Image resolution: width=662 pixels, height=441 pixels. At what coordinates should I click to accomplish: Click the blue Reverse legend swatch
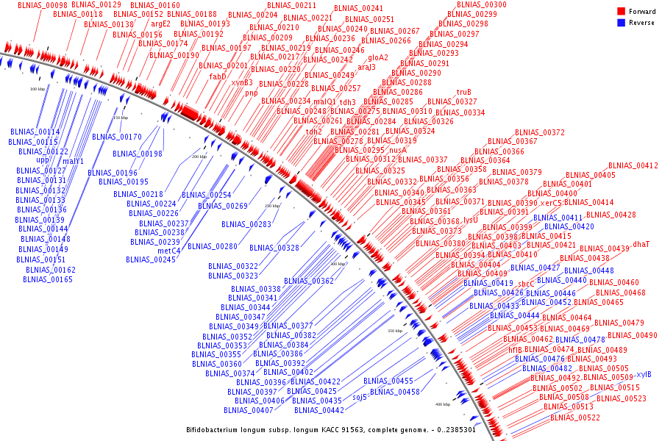pyautogui.click(x=621, y=23)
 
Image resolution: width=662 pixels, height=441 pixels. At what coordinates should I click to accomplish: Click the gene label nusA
pyautogui.click(x=398, y=150)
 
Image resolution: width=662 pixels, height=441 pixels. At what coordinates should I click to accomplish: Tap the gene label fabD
pyautogui.click(x=218, y=76)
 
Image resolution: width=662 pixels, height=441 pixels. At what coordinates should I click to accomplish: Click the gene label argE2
pyautogui.click(x=161, y=24)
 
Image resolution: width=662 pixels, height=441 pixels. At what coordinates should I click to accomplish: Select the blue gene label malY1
pyautogui.click(x=74, y=161)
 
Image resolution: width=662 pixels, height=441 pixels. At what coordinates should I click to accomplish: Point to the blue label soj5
pyautogui.click(x=360, y=397)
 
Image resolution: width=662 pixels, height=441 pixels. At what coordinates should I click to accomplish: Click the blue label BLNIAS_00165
pyautogui.click(x=48, y=279)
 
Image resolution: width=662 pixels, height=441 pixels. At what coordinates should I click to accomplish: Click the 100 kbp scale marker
pyautogui.click(x=38, y=89)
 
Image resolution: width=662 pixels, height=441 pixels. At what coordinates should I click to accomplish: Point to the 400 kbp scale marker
pyautogui.click(x=442, y=404)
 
